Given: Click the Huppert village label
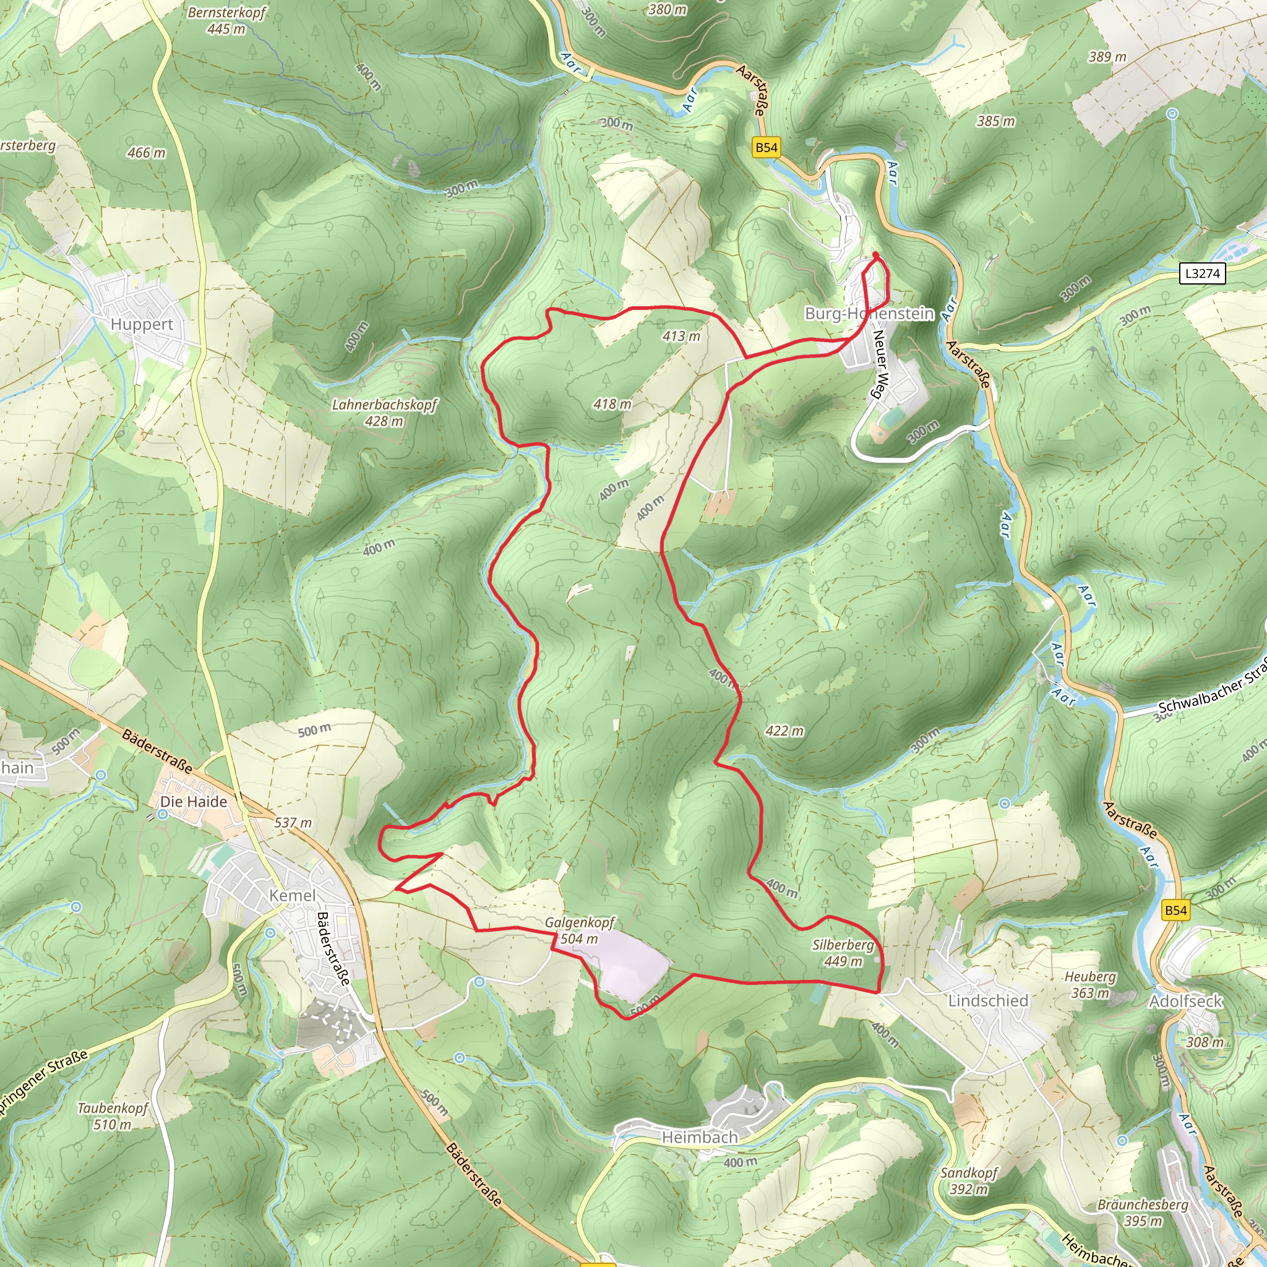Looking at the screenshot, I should [142, 324].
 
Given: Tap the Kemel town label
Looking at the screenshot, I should [293, 895].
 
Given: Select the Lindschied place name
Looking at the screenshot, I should [987, 1001].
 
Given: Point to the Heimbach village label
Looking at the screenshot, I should [700, 1137].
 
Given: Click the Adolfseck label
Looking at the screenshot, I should [1186, 1002].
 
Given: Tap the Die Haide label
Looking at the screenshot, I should [194, 801].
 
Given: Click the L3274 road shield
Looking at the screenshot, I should [1202, 273].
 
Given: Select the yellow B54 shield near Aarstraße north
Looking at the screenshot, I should [766, 148].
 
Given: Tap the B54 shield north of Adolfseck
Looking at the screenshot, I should [1175, 910].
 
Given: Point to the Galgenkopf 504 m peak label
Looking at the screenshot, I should [580, 930].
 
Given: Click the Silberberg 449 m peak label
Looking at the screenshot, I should [843, 953].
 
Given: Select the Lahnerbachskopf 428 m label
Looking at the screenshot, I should [384, 413].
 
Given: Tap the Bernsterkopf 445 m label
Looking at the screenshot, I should [226, 20].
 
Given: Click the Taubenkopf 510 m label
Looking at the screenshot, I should [113, 1116].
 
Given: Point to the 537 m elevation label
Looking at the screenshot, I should [293, 822].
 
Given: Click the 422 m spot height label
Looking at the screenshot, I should [784, 731].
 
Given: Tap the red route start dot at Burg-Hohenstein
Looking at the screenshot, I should [875, 255].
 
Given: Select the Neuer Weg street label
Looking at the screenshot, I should [878, 364].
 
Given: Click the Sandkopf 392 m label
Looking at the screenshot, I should [969, 1181].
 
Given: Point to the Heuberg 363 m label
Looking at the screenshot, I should [1090, 985].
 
